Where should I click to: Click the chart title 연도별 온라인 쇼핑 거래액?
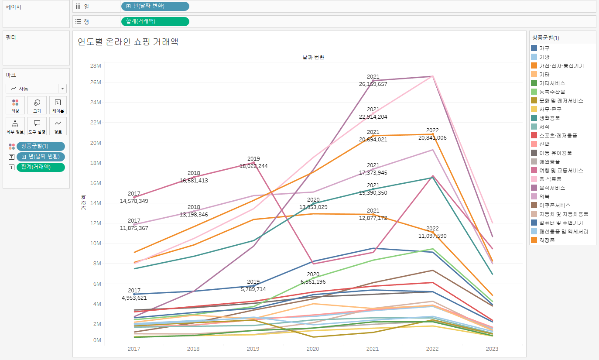click(x=128, y=42)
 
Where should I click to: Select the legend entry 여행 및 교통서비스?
click(x=561, y=170)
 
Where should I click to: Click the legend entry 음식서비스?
click(x=552, y=188)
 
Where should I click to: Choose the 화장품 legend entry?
click(x=547, y=240)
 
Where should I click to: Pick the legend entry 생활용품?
click(x=549, y=118)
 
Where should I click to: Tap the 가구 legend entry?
click(x=544, y=48)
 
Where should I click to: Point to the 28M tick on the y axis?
click(x=96, y=65)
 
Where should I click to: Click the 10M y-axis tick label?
click(x=96, y=243)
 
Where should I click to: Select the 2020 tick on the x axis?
click(x=313, y=349)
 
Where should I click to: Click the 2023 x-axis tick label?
click(x=492, y=349)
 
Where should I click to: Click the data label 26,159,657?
click(x=373, y=84)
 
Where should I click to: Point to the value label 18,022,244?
click(x=253, y=166)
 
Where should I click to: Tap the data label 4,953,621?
click(x=134, y=298)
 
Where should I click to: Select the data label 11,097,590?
click(x=432, y=236)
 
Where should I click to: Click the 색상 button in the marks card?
click(x=15, y=106)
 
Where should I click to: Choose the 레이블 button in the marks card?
click(x=58, y=106)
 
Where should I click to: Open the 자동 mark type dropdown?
click(x=36, y=89)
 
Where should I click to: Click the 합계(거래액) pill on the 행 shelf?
click(x=155, y=21)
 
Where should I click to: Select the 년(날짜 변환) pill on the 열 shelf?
click(x=155, y=6)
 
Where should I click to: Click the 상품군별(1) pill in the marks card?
click(x=41, y=146)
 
